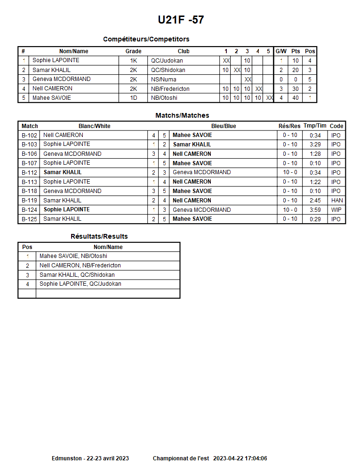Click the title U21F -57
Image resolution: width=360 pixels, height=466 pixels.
[181, 20]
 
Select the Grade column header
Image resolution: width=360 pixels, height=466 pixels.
[133, 51]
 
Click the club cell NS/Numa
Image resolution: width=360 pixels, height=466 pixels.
[163, 79]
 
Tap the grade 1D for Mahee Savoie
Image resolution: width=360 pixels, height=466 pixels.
[133, 98]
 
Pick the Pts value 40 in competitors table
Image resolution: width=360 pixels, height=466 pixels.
[296, 98]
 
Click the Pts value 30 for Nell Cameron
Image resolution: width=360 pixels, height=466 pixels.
[296, 88]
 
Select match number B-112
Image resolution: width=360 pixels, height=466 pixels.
[29, 172]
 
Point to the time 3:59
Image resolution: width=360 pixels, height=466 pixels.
[315, 210]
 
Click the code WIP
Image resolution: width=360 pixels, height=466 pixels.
[336, 210]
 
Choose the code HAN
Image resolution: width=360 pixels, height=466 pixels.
[336, 201]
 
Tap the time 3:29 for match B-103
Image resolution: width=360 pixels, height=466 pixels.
[315, 145]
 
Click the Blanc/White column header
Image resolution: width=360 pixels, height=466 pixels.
[94, 126]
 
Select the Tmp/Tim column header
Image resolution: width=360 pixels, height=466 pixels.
[315, 126]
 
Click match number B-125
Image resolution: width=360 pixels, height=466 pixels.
[29, 219]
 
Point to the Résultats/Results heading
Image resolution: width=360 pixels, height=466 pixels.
[99, 236]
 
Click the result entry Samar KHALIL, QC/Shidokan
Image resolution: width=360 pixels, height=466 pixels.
[77, 275]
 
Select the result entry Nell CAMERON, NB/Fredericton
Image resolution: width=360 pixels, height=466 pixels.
[80, 265]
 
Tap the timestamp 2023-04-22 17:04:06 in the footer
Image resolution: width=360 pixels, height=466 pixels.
[240, 458]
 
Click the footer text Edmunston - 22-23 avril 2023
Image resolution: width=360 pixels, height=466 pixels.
[90, 458]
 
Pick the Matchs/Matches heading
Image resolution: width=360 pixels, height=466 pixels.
[182, 115]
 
